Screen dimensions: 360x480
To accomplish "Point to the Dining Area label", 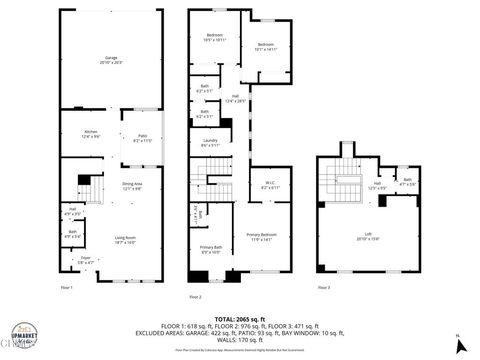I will point(131,185).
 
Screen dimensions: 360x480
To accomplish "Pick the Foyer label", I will point(85,260).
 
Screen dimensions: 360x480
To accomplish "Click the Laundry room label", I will point(210,143).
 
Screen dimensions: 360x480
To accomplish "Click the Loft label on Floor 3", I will point(368,238).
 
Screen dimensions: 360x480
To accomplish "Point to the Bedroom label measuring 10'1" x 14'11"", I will point(265,47).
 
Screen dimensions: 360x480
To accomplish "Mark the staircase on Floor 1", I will point(89,186).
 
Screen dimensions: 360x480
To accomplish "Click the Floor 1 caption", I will point(67,287).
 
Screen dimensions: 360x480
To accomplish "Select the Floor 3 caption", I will point(322,287).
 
